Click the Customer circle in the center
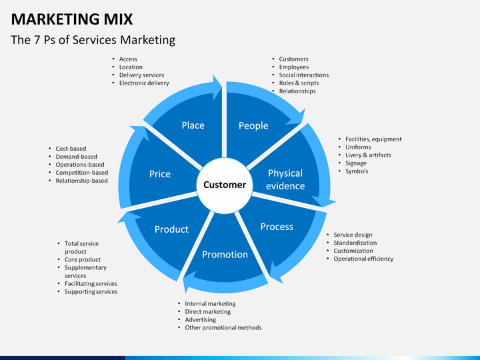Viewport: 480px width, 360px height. pos(224,185)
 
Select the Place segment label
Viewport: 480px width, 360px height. pos(193,125)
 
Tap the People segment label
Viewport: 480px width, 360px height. pos(253,125)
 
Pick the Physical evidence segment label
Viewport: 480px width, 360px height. pos(285,179)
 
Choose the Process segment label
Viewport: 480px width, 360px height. pos(277,227)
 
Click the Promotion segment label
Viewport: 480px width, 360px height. pos(225,254)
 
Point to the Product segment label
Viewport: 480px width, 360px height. pos(171,229)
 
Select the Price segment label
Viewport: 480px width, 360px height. pos(159,173)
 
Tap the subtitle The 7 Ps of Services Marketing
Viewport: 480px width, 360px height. pos(93,40)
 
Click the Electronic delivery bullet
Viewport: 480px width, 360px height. pos(144,83)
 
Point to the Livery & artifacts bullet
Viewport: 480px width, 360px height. pos(368,155)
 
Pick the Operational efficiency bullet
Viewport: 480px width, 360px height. pos(363,259)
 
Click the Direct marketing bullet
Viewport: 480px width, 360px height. pos(208,311)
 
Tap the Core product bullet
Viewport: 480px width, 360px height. pos(83,259)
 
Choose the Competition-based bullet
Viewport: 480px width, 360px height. pos(81,173)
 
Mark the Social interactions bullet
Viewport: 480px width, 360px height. pos(303,75)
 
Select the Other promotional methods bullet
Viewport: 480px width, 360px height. pos(223,327)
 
